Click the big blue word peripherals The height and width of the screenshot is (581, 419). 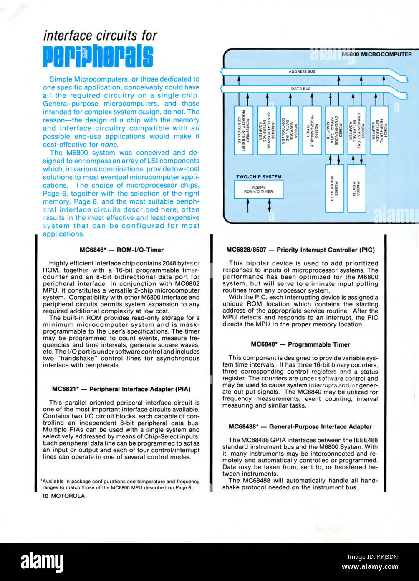click(98, 56)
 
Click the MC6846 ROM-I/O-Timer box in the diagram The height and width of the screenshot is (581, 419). click(258, 189)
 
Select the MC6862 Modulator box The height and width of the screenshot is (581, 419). click(334, 189)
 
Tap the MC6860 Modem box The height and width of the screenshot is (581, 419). click(356, 189)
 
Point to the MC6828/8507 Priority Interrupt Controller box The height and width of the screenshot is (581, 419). click(243, 130)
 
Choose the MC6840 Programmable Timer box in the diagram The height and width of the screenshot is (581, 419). click(312, 130)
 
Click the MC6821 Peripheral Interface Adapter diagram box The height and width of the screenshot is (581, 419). click(380, 130)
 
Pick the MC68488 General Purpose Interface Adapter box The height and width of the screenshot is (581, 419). click(267, 130)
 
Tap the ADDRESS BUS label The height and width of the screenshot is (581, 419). click(302, 71)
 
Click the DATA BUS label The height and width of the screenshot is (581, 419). click(300, 89)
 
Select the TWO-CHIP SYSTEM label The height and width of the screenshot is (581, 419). click(259, 177)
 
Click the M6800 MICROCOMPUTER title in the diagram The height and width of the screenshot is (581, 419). click(377, 54)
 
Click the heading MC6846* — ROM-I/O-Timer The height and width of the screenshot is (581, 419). click(121, 250)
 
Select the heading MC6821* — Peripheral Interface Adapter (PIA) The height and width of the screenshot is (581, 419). click(121, 389)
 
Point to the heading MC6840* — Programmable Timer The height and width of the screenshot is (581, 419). click(300, 344)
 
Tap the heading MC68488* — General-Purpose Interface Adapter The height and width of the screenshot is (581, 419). click(300, 426)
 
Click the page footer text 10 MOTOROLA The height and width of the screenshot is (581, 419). click(64, 496)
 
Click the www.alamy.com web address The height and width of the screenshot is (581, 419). click(370, 566)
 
